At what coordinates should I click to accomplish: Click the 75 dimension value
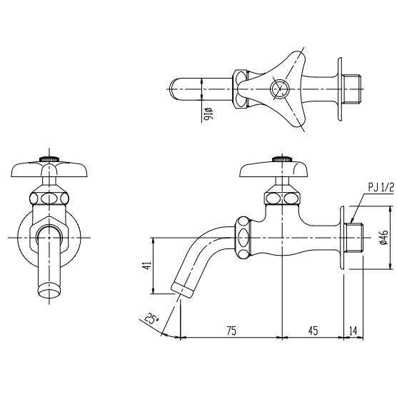tap(231, 331)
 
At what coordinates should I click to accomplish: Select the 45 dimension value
tap(313, 331)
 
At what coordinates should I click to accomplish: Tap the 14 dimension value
tap(353, 331)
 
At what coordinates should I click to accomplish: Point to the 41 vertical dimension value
tap(147, 265)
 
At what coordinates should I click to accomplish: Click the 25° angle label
tap(151, 319)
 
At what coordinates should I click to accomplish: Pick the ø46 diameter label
tap(384, 237)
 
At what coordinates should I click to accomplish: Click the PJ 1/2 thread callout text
tap(381, 188)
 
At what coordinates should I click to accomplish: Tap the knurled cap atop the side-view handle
tap(282, 159)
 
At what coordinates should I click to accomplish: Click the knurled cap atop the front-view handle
tap(49, 159)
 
